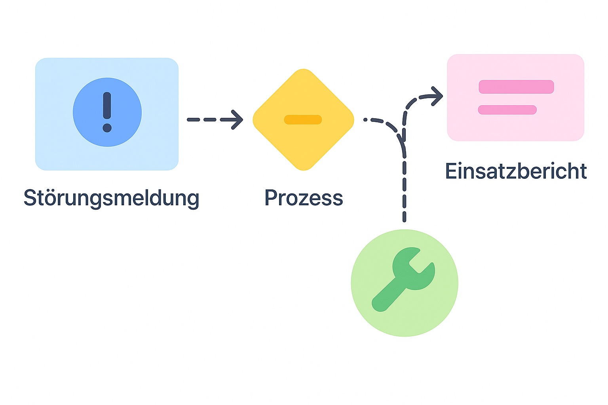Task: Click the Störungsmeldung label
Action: (x=111, y=198)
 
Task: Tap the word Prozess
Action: (x=304, y=198)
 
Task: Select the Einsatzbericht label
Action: (x=516, y=171)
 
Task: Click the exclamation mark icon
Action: (x=107, y=112)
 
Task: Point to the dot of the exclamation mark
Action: (x=107, y=128)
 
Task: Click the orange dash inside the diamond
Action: (x=303, y=119)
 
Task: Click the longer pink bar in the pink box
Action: (x=516, y=87)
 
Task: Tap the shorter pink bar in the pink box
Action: (x=507, y=110)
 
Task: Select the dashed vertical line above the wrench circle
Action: (x=404, y=190)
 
